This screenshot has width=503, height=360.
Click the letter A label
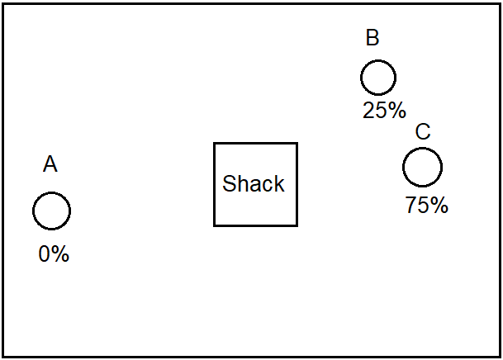[x=50, y=163]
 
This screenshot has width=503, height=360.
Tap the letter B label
[x=373, y=37]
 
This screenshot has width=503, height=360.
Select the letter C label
[x=423, y=131]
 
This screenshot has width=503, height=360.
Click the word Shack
[x=254, y=183]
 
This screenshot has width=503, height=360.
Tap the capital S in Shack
[x=229, y=183]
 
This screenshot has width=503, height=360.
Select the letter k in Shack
[x=279, y=183]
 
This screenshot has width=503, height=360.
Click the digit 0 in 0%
[x=44, y=253]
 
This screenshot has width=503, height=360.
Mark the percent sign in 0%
[x=59, y=253]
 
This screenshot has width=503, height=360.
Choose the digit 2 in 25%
[x=368, y=111]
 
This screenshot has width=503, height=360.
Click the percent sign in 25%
[x=396, y=111]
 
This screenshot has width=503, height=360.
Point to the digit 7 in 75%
[x=410, y=205]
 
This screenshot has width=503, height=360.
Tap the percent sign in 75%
[x=439, y=205]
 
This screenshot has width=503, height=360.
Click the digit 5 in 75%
[x=423, y=205]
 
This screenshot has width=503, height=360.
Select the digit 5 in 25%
[x=380, y=111]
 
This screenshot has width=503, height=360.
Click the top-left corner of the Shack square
[x=214, y=143]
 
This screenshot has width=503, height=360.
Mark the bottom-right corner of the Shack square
[x=297, y=225]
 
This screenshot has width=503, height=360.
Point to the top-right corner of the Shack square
[x=297, y=143]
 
